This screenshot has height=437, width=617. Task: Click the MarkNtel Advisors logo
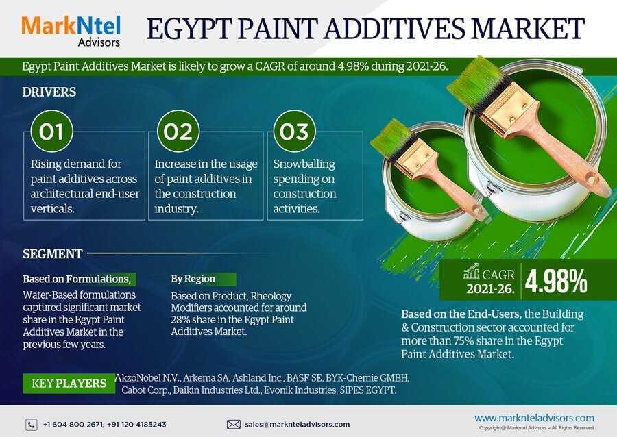pos(71,31)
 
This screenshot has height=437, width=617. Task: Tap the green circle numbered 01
pos(51,132)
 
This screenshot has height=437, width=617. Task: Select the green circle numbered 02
pos(178,132)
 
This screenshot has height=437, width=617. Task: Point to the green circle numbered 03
pos(294,132)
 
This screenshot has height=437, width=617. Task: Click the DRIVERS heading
pos(49,92)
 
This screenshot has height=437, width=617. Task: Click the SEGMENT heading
pos(52,254)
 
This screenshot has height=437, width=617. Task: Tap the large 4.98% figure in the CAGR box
pos(555,282)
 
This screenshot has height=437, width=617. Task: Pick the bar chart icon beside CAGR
pos(471,271)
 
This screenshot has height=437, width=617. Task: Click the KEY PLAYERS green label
pos(69,383)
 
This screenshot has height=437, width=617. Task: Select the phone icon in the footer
pos(32,425)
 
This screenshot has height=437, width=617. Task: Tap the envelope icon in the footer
pos(233,425)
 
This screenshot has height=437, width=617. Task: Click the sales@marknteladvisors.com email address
pos(297,425)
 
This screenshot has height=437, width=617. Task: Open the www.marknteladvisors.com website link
pos(534,418)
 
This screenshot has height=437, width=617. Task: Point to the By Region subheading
pos(193,279)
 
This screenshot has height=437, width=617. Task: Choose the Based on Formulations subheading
pos(77,279)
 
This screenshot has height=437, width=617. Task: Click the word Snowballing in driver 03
pos(304,164)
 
